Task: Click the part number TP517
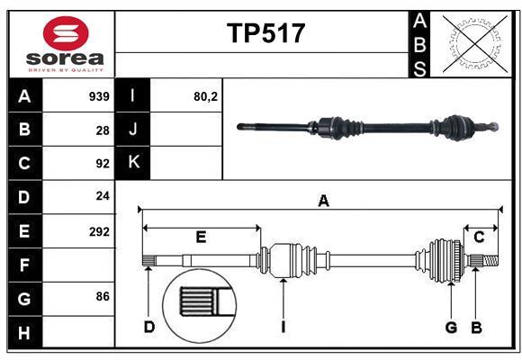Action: tap(265, 33)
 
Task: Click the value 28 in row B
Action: tap(103, 130)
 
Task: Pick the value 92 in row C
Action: tap(103, 164)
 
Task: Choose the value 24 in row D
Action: tap(103, 197)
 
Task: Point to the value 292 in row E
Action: tap(99, 231)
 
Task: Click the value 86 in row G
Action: tap(103, 295)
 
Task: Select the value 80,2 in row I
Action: tap(206, 95)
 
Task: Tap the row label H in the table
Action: tap(24, 334)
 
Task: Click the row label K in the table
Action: tap(133, 163)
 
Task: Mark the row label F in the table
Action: tap(24, 265)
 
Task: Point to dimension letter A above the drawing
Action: tap(323, 202)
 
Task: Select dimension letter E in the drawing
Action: tap(201, 238)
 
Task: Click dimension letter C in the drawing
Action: tap(479, 238)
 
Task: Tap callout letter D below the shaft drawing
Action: tap(149, 327)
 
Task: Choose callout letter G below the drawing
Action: tap(452, 327)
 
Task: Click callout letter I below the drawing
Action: tap(283, 327)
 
